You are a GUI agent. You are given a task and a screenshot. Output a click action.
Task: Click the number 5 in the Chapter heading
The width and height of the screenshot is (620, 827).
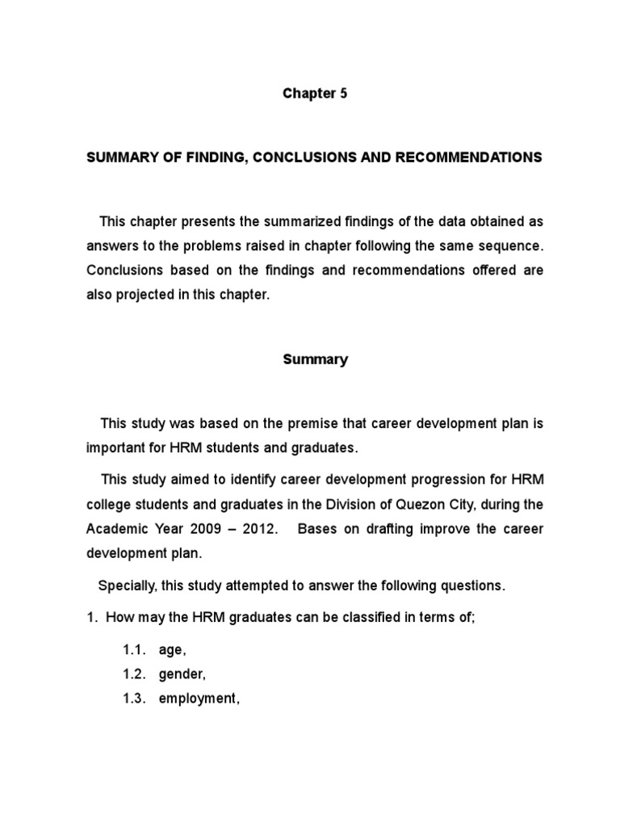(343, 93)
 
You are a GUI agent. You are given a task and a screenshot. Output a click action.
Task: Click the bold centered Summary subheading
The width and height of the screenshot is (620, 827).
(315, 359)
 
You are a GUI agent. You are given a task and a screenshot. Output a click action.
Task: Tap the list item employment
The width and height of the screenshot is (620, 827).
(199, 699)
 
